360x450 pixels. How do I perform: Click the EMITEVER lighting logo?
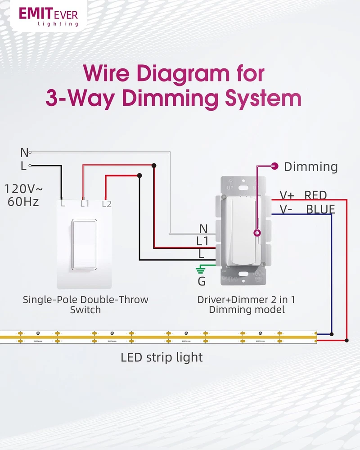click(x=49, y=17)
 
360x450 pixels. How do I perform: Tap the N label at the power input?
click(x=24, y=153)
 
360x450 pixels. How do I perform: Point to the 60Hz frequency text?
click(x=23, y=202)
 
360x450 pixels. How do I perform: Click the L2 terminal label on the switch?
click(x=107, y=204)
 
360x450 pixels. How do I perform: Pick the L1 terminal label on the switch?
click(x=85, y=204)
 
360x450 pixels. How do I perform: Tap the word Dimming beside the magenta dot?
click(x=310, y=167)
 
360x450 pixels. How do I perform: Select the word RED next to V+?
click(x=315, y=195)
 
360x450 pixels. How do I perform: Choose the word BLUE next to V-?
click(x=320, y=209)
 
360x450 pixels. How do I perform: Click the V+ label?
click(x=287, y=195)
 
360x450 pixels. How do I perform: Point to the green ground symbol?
click(x=200, y=270)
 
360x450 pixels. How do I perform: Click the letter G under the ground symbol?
click(x=202, y=282)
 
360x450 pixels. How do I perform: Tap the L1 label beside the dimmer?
click(x=202, y=241)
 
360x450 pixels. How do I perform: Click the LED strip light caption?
click(x=162, y=357)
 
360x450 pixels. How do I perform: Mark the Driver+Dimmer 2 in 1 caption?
click(x=246, y=300)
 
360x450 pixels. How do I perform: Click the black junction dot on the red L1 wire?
click(x=154, y=166)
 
